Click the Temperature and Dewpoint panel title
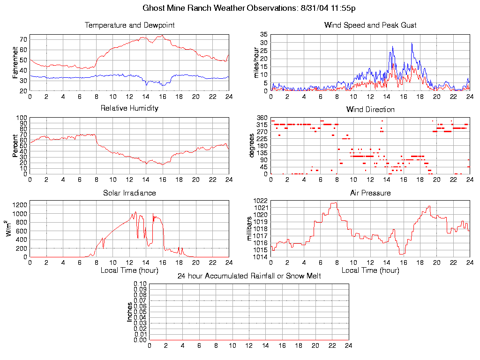tap(129, 25)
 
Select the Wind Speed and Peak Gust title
tap(370, 25)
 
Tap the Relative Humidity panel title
tap(129, 108)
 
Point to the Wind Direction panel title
tap(370, 110)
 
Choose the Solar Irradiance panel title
tap(129, 193)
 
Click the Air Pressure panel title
tap(370, 193)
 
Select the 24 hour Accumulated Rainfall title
tap(249, 276)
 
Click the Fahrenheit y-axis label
tap(15, 62)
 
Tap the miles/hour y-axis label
tap(256, 62)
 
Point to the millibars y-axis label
tap(250, 229)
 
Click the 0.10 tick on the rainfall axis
tap(140, 284)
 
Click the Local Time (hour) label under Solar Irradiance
tap(129, 270)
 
